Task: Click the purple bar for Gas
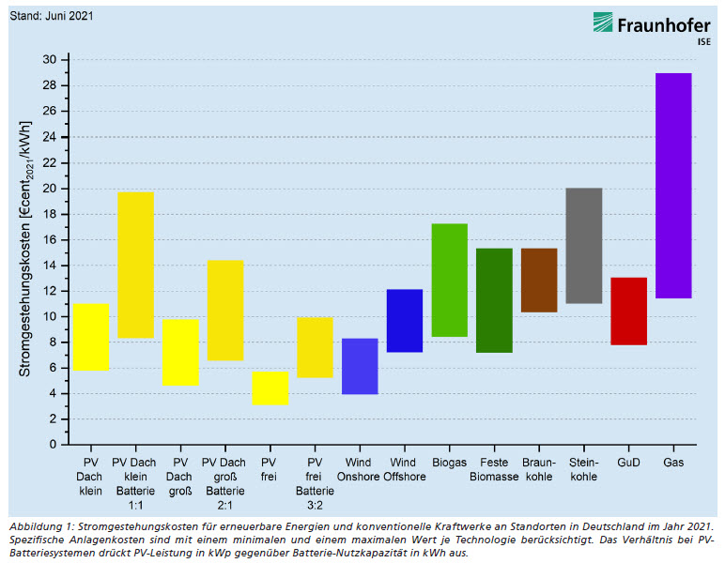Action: (x=673, y=186)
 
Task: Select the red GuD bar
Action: (x=628, y=312)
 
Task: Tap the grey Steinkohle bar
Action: (x=583, y=246)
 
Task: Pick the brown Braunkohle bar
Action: (x=539, y=281)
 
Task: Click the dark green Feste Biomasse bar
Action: (x=494, y=300)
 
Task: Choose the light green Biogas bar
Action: (x=449, y=280)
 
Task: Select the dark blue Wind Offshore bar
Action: (x=405, y=321)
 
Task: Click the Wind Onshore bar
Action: (x=360, y=366)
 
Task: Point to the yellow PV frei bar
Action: (x=270, y=388)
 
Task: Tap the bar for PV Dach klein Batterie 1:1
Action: (x=135, y=265)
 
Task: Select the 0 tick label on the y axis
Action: (x=53, y=444)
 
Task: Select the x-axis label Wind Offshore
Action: (x=404, y=470)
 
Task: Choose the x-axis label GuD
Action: (x=628, y=464)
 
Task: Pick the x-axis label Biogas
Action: (x=449, y=464)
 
